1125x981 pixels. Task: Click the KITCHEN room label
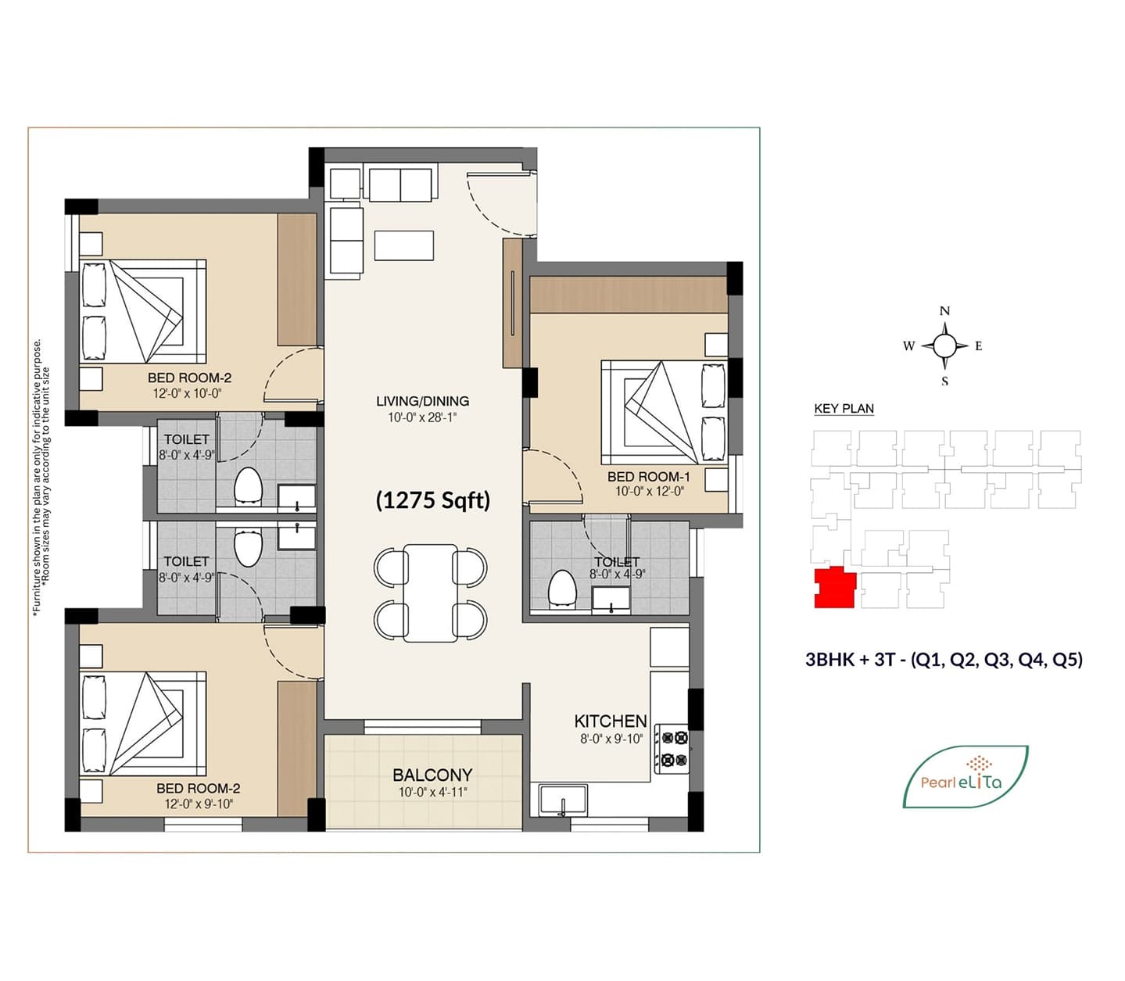[x=611, y=721]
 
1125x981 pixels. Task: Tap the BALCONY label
[x=432, y=775]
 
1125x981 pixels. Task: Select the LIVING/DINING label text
[x=422, y=401]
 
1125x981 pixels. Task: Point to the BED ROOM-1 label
[x=648, y=477]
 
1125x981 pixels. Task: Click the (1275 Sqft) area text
[x=433, y=501]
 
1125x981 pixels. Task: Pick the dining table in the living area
[x=431, y=593]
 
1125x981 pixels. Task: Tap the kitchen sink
[x=563, y=800]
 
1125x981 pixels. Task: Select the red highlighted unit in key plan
[x=835, y=589]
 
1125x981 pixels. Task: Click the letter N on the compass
[x=944, y=311]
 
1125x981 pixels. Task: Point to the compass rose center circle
[x=944, y=345]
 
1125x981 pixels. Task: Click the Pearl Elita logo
[x=965, y=777]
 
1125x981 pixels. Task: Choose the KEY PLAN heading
[x=844, y=409]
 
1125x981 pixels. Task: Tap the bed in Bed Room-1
[x=664, y=412]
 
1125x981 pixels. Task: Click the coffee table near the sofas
[x=404, y=245]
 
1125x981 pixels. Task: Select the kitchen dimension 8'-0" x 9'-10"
[x=611, y=739]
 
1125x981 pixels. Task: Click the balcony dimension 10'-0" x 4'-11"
[x=433, y=792]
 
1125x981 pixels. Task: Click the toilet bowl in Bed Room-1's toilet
[x=562, y=589]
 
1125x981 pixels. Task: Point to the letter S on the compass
[x=944, y=381]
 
